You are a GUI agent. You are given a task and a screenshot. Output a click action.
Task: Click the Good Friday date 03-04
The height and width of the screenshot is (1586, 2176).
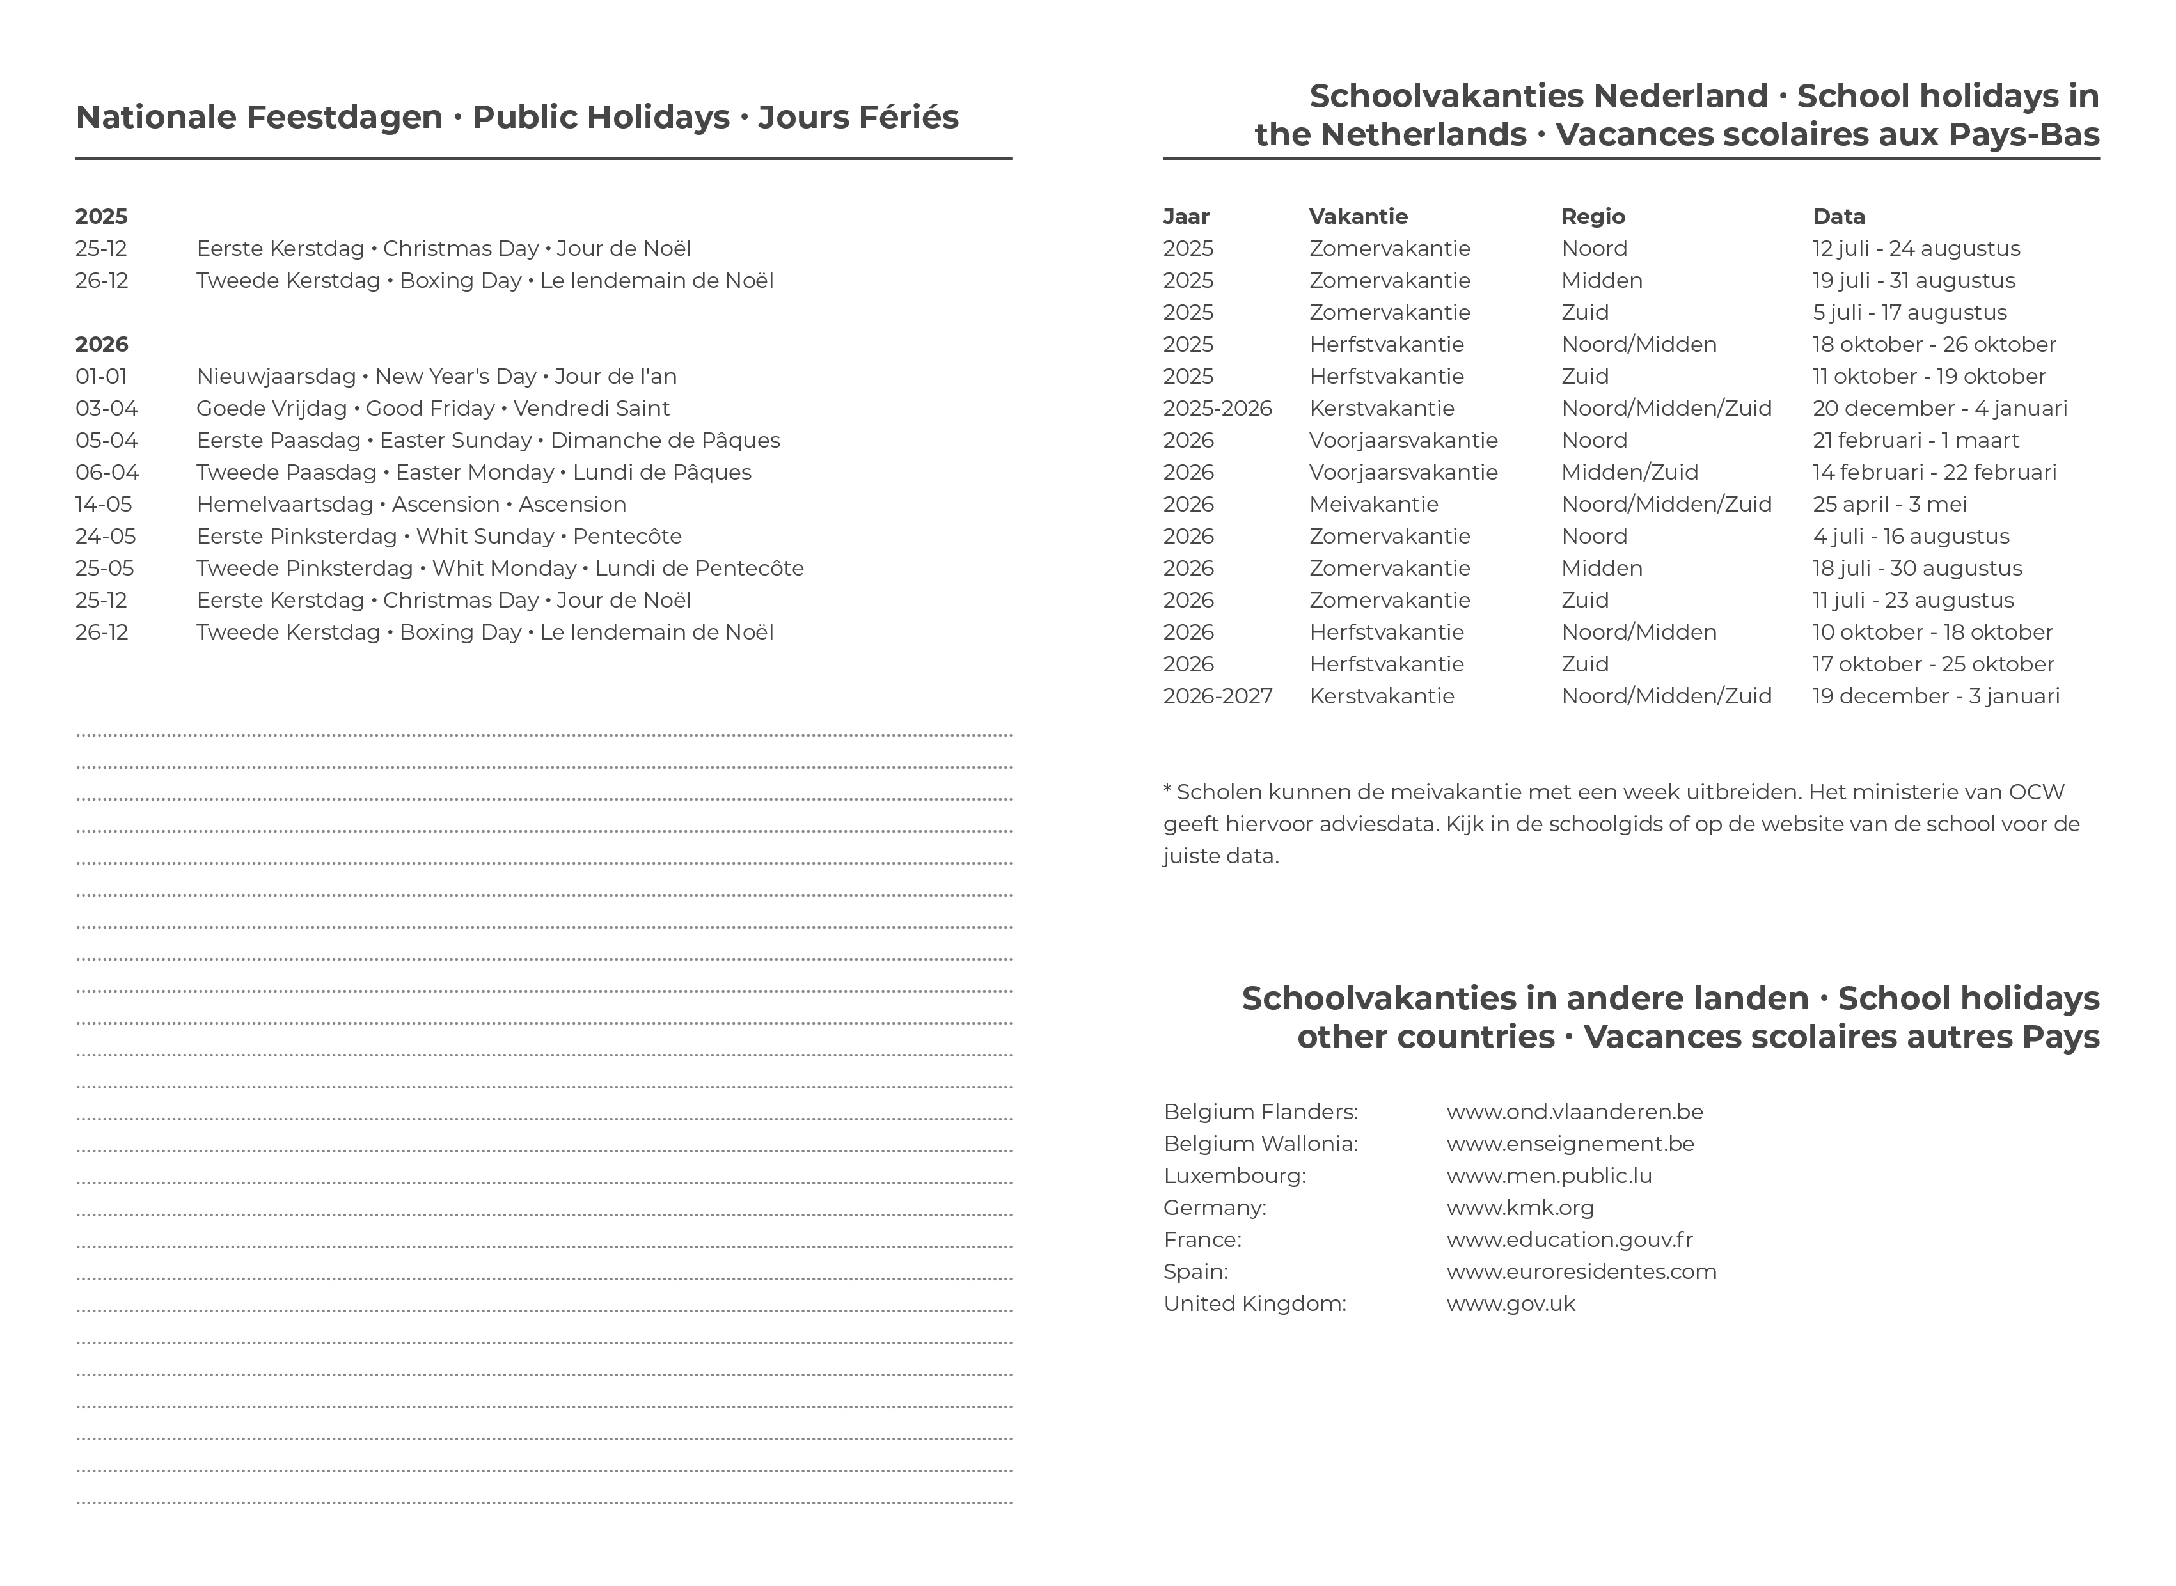tap(107, 409)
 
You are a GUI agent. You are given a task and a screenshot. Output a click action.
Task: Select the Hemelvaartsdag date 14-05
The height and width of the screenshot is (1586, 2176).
tap(104, 505)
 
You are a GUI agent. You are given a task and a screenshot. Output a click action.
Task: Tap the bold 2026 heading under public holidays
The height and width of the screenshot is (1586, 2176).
tap(102, 345)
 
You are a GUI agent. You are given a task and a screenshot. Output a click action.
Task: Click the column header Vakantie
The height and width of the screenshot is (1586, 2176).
tap(1358, 217)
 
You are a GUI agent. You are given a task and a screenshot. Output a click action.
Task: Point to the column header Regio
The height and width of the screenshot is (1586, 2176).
tap(1593, 217)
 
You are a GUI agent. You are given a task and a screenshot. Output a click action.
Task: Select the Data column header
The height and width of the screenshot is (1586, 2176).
tap(1839, 217)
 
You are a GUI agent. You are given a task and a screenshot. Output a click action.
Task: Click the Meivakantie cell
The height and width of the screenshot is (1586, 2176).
tap(1373, 505)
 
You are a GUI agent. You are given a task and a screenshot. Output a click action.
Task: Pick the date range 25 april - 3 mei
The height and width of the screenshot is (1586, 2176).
tap(1890, 505)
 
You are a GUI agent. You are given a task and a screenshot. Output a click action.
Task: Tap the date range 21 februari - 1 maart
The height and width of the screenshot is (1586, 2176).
tap(1916, 441)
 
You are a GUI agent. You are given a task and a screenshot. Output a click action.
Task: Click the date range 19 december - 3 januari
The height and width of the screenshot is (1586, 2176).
tap(1936, 697)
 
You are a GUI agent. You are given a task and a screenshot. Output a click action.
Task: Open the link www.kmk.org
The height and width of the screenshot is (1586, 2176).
tap(1520, 1209)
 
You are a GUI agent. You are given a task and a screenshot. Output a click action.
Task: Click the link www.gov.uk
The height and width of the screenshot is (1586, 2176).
tap(1511, 1305)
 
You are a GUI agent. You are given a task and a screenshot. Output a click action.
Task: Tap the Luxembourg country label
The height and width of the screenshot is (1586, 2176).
tap(1234, 1176)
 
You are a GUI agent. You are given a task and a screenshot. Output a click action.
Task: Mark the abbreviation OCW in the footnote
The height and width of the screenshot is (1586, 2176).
tap(2037, 793)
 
